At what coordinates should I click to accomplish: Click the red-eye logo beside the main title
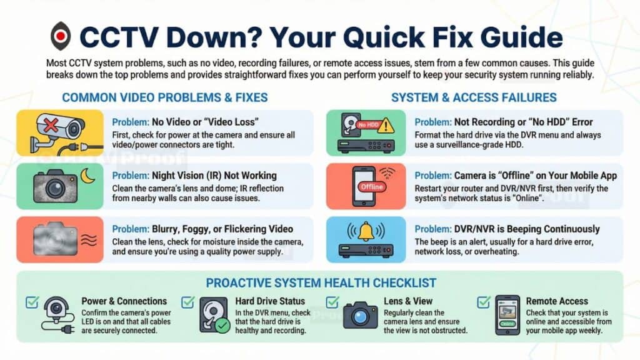[61, 36]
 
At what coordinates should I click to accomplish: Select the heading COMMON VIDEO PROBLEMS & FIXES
[165, 97]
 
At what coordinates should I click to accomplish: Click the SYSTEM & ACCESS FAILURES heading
[474, 97]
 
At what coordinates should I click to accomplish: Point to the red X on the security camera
[51, 124]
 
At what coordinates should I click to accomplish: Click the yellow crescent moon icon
[87, 176]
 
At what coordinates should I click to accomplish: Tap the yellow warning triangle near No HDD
[386, 125]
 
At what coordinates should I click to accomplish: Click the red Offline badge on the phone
[372, 186]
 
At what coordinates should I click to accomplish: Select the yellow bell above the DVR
[366, 231]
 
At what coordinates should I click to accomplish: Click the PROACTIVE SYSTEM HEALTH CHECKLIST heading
[321, 283]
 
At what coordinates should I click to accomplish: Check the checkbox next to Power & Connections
[32, 302]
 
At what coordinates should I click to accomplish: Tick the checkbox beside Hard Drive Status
[187, 302]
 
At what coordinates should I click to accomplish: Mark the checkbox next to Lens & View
[332, 302]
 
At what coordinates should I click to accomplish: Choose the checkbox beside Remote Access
[484, 302]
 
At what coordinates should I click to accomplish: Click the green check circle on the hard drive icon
[222, 326]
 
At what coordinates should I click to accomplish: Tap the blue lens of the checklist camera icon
[360, 317]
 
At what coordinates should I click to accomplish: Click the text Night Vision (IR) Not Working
[214, 176]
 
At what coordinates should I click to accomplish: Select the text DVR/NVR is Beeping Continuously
[527, 229]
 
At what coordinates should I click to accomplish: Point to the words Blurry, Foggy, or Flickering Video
[222, 229]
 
